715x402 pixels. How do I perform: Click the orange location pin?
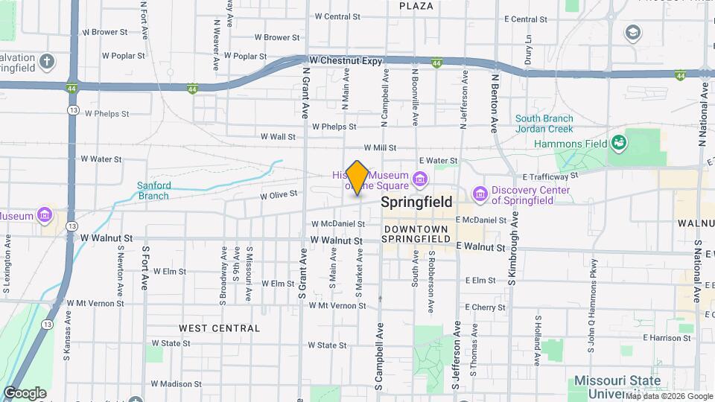pyautogui.click(x=357, y=178)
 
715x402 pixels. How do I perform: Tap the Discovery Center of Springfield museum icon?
pyautogui.click(x=479, y=194)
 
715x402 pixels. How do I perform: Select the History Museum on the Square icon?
pyautogui.click(x=419, y=179)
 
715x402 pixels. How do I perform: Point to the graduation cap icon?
pyautogui.click(x=632, y=33)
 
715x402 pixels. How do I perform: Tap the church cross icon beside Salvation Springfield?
pyautogui.click(x=47, y=61)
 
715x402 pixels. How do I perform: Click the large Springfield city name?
pyautogui.click(x=416, y=202)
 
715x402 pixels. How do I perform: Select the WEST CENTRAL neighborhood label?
pyautogui.click(x=220, y=328)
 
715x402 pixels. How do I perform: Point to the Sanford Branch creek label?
pyautogui.click(x=153, y=191)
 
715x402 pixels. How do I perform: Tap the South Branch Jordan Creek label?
pyautogui.click(x=544, y=124)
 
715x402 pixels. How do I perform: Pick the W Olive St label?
pyautogui.click(x=279, y=194)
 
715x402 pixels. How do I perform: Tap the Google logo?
pyautogui.click(x=25, y=392)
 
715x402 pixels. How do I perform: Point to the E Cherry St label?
pyautogui.click(x=485, y=307)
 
